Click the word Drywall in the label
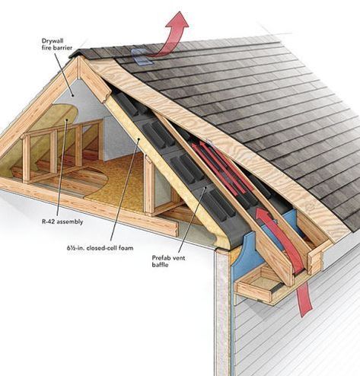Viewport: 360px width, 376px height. tap(53, 40)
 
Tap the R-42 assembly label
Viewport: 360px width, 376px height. tap(62, 221)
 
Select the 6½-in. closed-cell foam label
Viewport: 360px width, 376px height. tap(100, 248)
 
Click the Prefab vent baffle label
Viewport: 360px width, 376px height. tap(168, 261)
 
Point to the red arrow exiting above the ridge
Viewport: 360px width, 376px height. tap(173, 36)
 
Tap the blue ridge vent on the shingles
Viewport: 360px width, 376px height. tap(142, 56)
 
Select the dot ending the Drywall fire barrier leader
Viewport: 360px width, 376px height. tap(73, 95)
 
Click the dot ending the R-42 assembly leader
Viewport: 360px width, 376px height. tap(66, 119)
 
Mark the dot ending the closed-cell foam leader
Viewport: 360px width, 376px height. tap(139, 139)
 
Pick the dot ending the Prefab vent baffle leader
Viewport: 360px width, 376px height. tap(205, 188)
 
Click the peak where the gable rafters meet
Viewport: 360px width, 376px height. tap(79, 56)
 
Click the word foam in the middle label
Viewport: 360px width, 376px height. tap(126, 248)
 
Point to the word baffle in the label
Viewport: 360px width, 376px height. tap(160, 265)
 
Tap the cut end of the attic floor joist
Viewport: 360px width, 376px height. tap(173, 229)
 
